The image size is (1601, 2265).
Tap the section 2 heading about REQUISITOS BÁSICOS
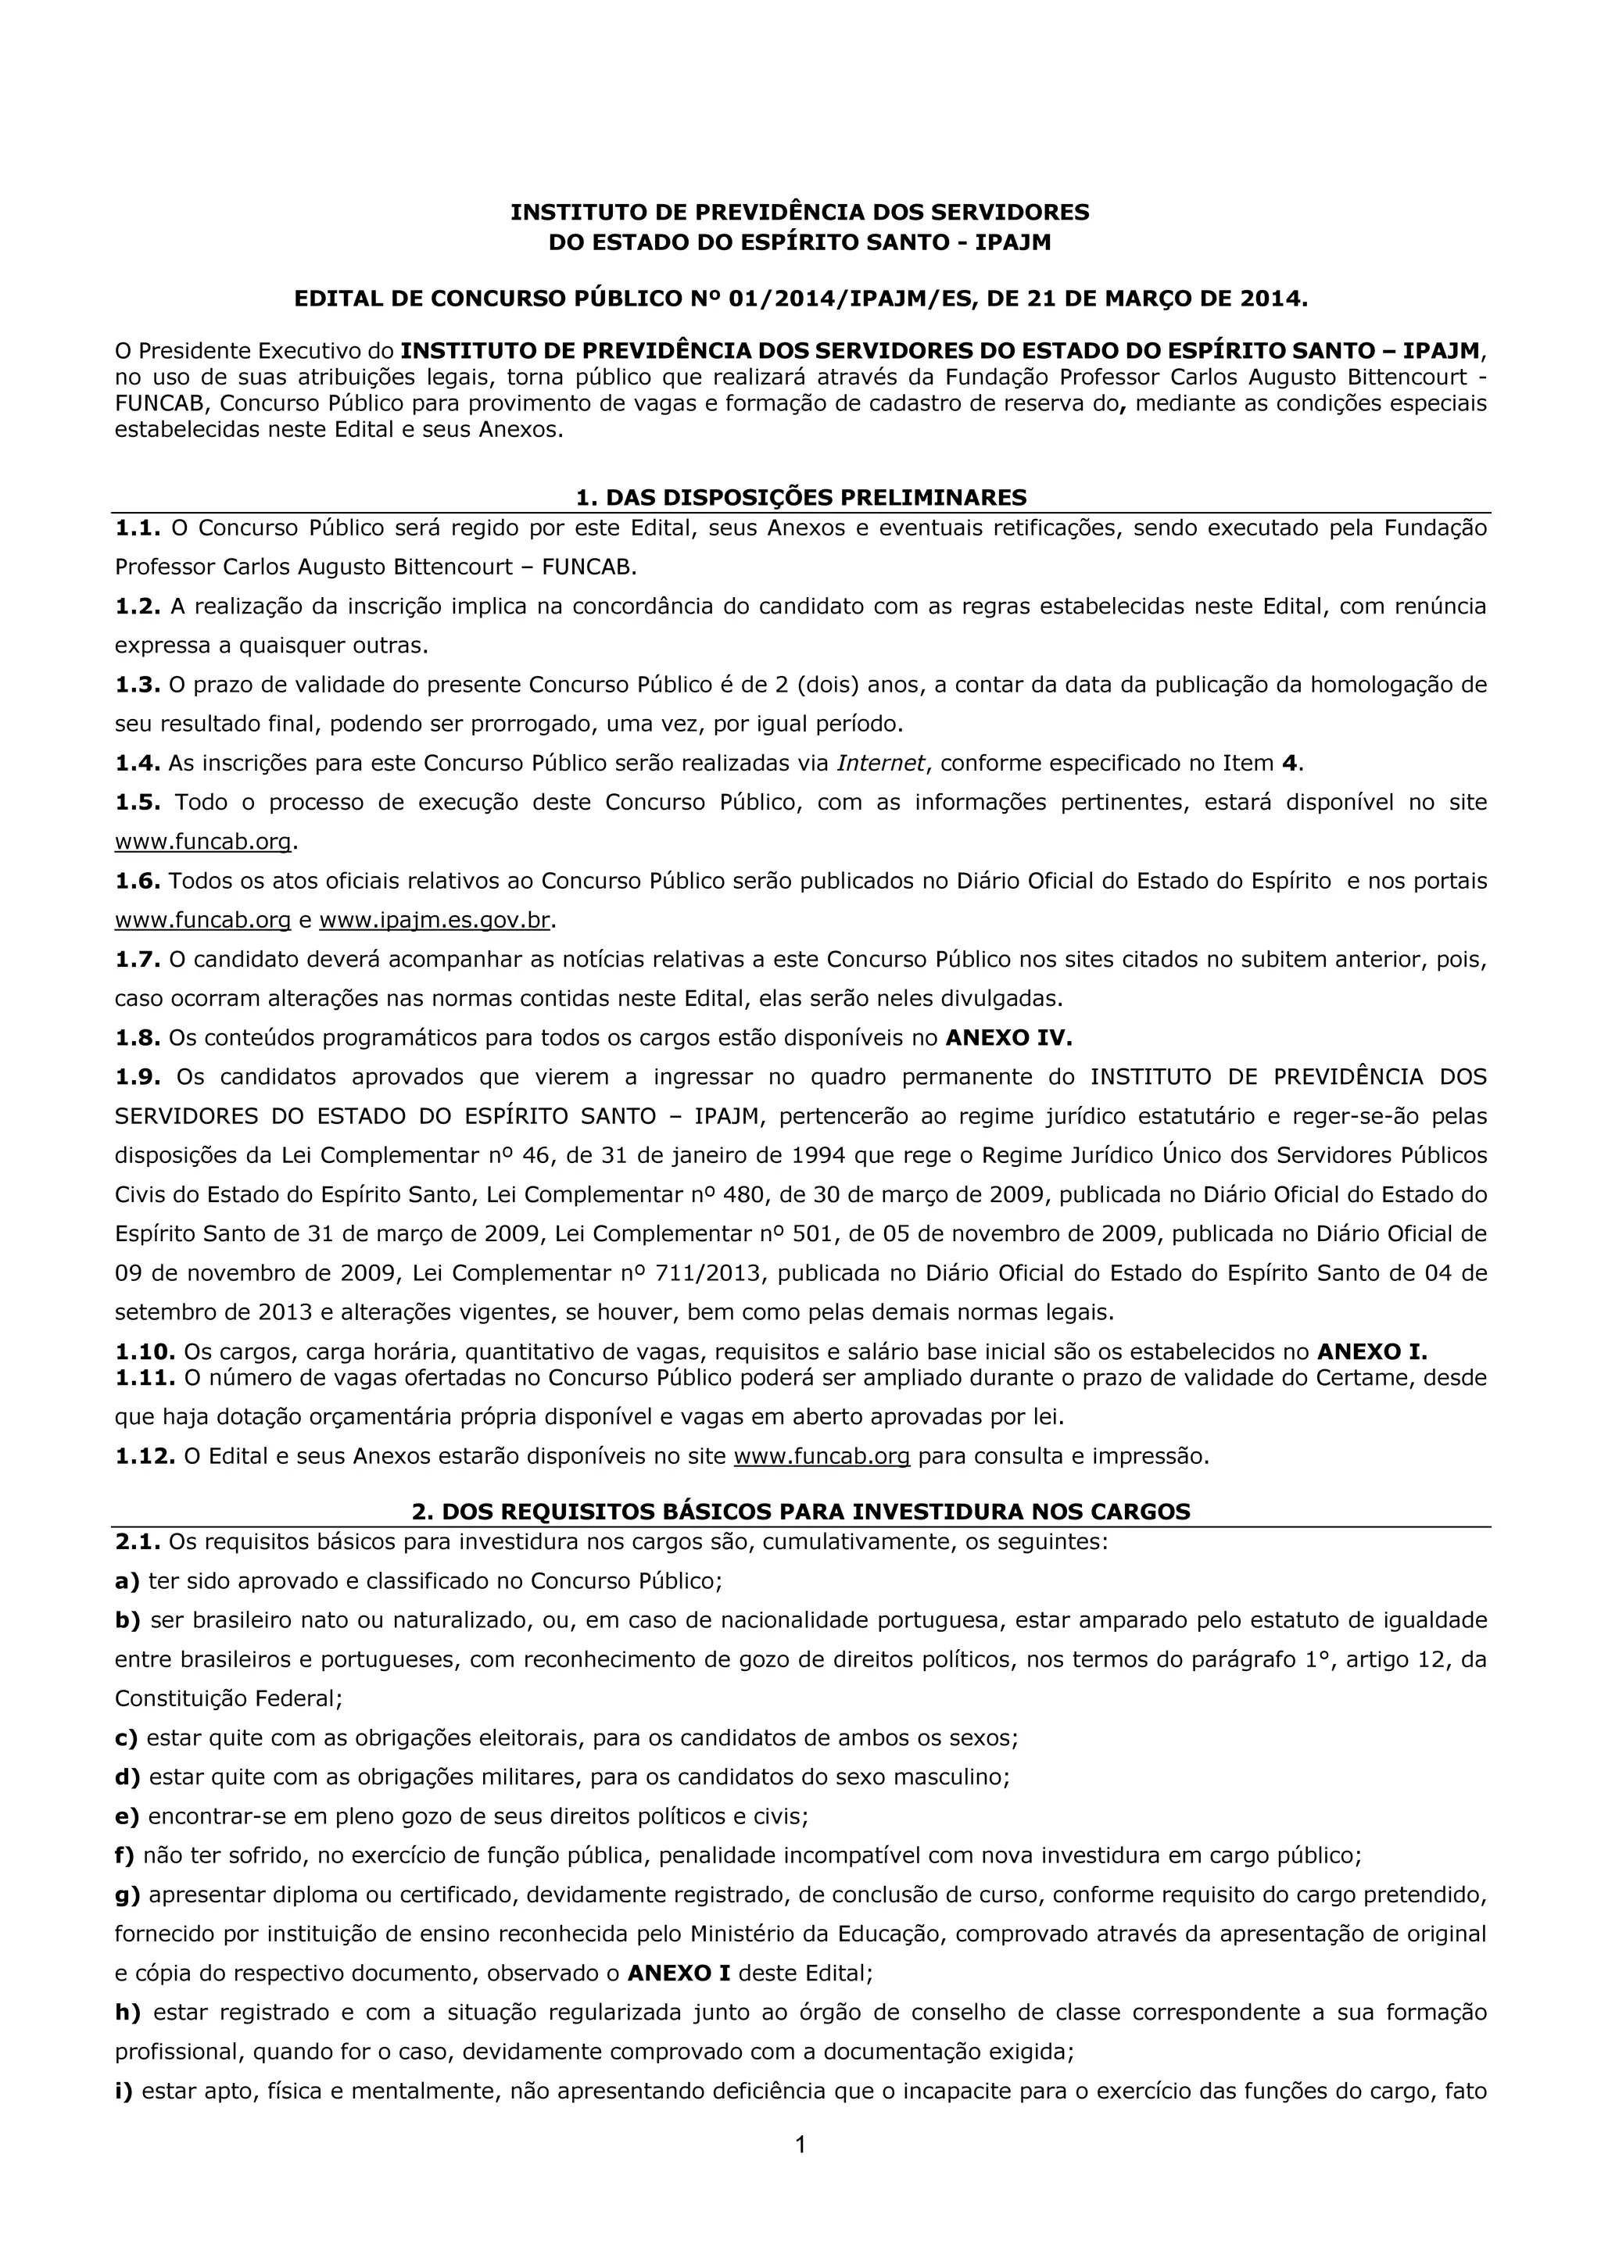click(800, 1512)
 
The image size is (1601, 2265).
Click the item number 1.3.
click(137, 685)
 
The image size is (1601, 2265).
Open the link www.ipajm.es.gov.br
click(434, 921)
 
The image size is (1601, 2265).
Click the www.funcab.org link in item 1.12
click(822, 1456)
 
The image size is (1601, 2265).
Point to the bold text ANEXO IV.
click(1008, 1038)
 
